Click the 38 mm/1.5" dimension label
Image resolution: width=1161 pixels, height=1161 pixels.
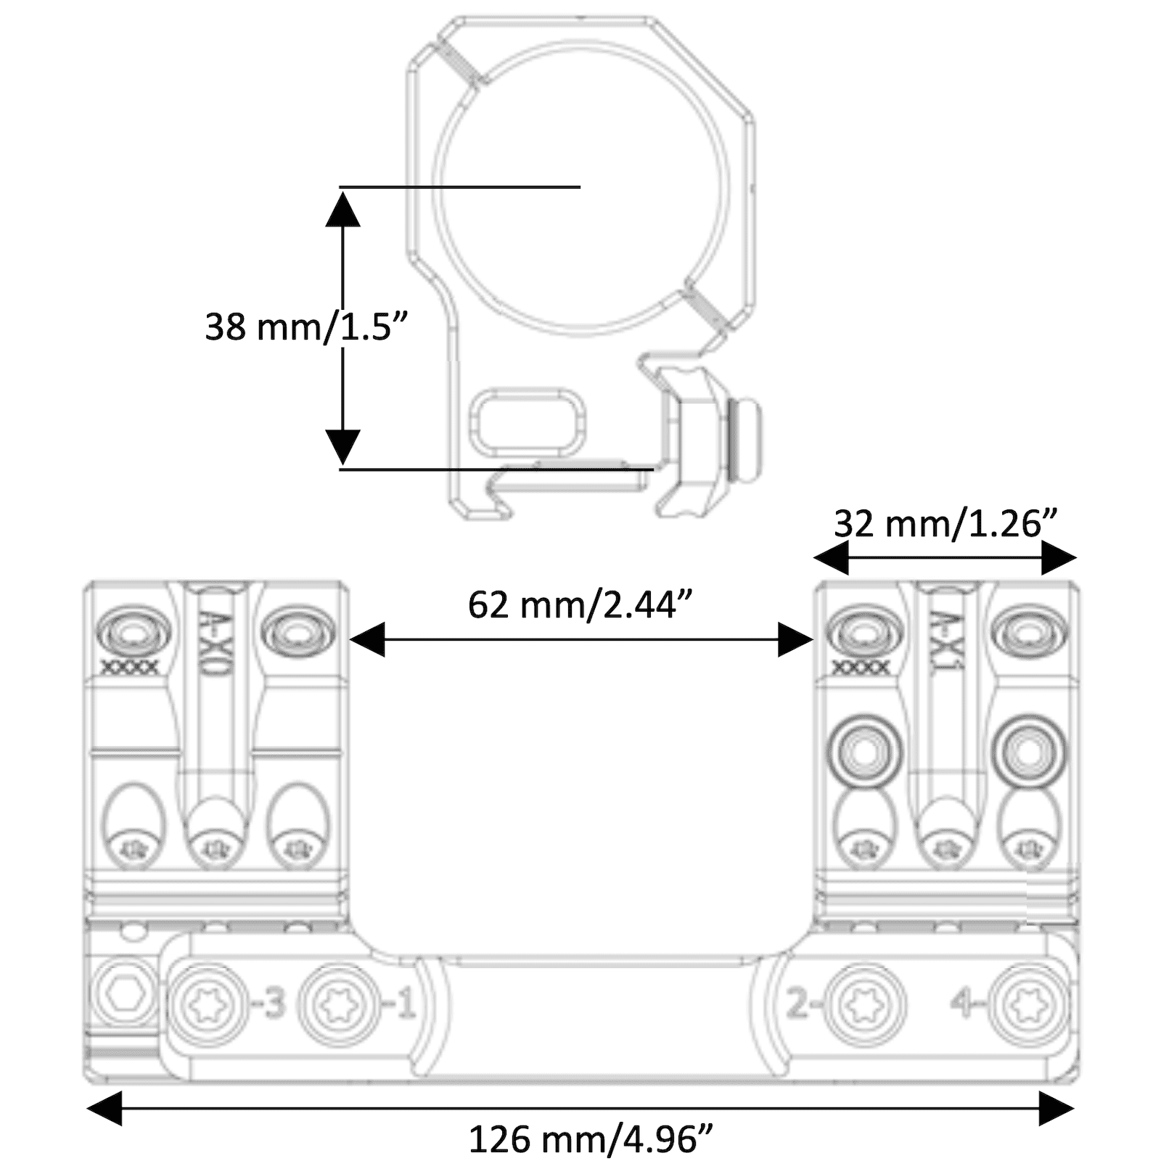307,327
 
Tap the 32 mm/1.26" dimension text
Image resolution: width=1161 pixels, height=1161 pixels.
945,523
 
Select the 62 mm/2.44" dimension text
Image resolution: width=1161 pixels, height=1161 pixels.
580,604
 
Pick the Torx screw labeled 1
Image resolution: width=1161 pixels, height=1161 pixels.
339,1005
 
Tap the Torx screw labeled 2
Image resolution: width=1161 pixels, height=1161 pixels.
867,1005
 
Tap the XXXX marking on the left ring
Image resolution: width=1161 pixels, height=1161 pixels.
128,667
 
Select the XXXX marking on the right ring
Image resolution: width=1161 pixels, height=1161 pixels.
861,667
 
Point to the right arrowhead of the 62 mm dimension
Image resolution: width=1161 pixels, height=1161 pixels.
795,639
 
